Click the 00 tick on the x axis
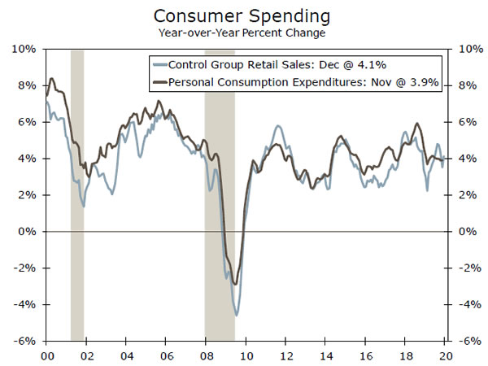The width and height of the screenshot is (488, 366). pyautogui.click(x=46, y=355)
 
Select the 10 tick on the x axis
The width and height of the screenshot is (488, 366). pyautogui.click(x=246, y=355)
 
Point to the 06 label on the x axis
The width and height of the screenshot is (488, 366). pyautogui.click(x=166, y=355)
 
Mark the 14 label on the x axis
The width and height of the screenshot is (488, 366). pyautogui.click(x=325, y=355)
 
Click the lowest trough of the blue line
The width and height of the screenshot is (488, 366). pyautogui.click(x=237, y=315)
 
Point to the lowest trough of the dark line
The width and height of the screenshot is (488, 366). pyautogui.click(x=236, y=284)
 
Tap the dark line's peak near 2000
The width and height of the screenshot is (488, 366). pyautogui.click(x=52, y=79)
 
